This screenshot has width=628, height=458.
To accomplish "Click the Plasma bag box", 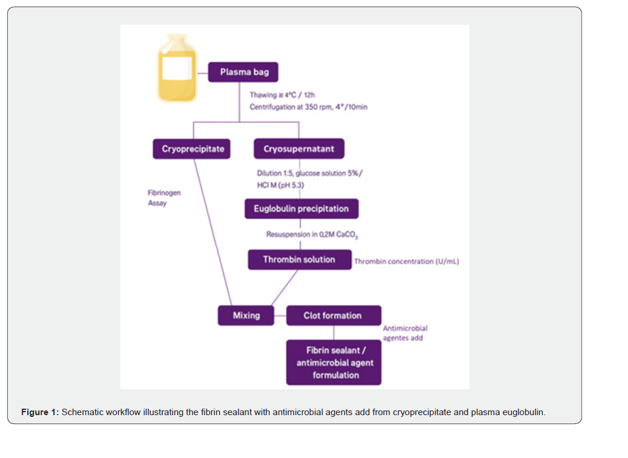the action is pyautogui.click(x=243, y=72).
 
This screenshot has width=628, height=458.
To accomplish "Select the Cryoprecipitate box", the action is pyautogui.click(x=191, y=149).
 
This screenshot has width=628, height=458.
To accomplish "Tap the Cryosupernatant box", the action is pyautogui.click(x=299, y=149).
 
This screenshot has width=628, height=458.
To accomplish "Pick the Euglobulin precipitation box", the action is pyautogui.click(x=302, y=209).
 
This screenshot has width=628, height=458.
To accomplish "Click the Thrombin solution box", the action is pyautogui.click(x=299, y=260).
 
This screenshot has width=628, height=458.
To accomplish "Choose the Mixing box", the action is pyautogui.click(x=246, y=316).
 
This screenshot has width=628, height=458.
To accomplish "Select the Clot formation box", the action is pyautogui.click(x=333, y=316).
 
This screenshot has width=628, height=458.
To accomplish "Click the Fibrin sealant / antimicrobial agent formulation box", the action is pyautogui.click(x=333, y=363).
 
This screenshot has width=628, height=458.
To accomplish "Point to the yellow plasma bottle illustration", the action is pyautogui.click(x=177, y=68).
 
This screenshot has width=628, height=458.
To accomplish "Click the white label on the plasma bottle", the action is pyautogui.click(x=177, y=68).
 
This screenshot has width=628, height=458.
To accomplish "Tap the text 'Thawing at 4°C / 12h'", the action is pyautogui.click(x=282, y=95).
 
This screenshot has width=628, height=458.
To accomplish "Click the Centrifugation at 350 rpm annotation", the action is pyautogui.click(x=308, y=107).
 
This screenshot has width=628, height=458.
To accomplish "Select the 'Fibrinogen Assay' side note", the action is pyautogui.click(x=164, y=198).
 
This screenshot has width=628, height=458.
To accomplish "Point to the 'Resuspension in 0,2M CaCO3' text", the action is pyautogui.click(x=312, y=235).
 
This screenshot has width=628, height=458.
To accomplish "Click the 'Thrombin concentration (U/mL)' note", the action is pyautogui.click(x=407, y=262).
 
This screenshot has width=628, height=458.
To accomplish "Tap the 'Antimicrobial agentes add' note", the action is pyautogui.click(x=405, y=333).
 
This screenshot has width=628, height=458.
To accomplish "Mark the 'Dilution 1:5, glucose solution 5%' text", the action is pyautogui.click(x=309, y=173).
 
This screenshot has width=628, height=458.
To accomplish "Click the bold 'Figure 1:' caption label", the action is pyautogui.click(x=40, y=412).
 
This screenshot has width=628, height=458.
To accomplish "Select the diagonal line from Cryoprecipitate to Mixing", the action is pyautogui.click(x=213, y=233).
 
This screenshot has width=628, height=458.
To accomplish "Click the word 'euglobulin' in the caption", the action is pyautogui.click(x=524, y=412).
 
